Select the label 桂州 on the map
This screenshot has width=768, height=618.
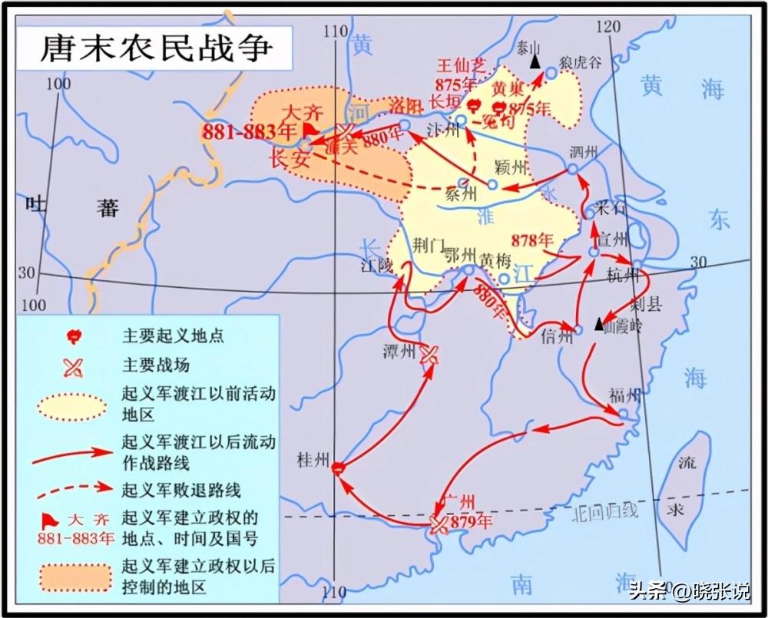(314, 460)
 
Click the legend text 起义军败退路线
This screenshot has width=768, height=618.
(182, 488)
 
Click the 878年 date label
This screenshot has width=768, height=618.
(538, 237)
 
